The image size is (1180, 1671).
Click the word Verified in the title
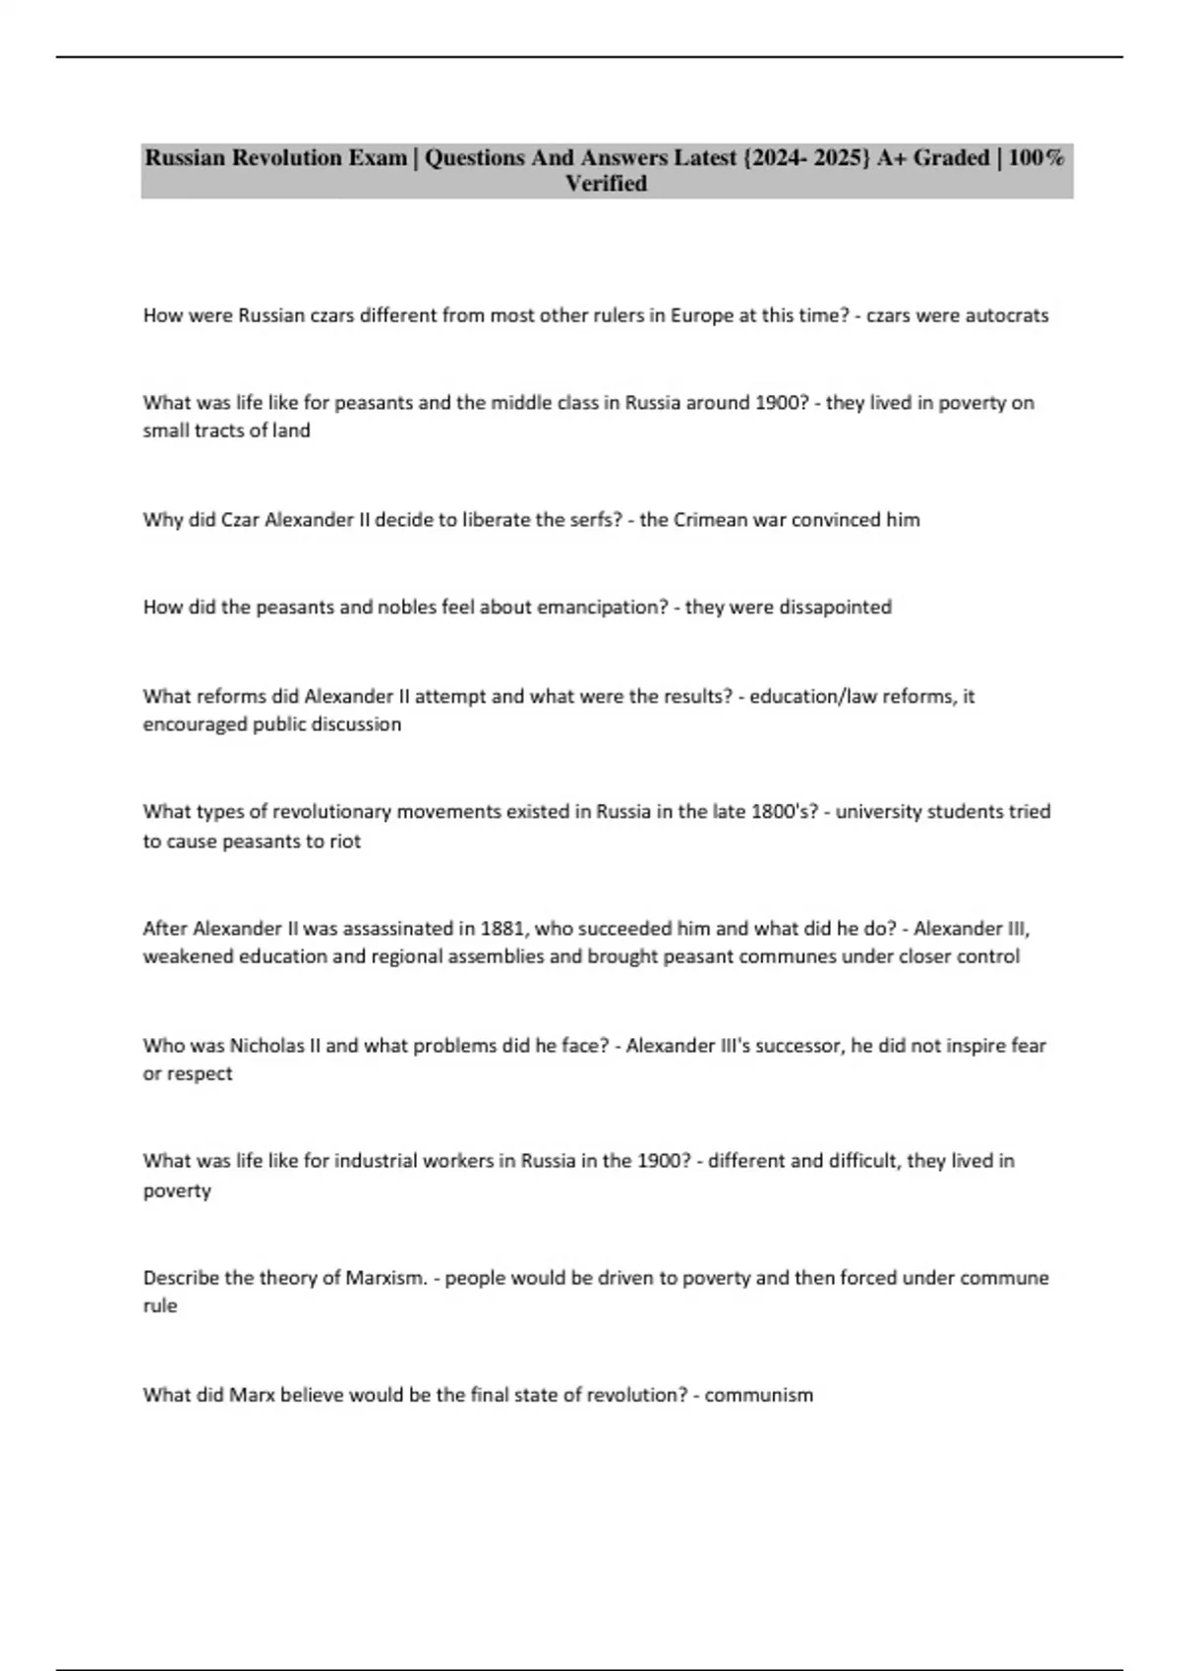[x=606, y=184]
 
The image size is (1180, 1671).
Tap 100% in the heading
[x=1035, y=157]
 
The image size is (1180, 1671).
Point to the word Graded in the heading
[x=951, y=157]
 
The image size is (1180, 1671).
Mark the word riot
[x=345, y=841]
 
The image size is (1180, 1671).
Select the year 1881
[x=501, y=929]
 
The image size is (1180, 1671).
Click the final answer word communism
[x=758, y=1395]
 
